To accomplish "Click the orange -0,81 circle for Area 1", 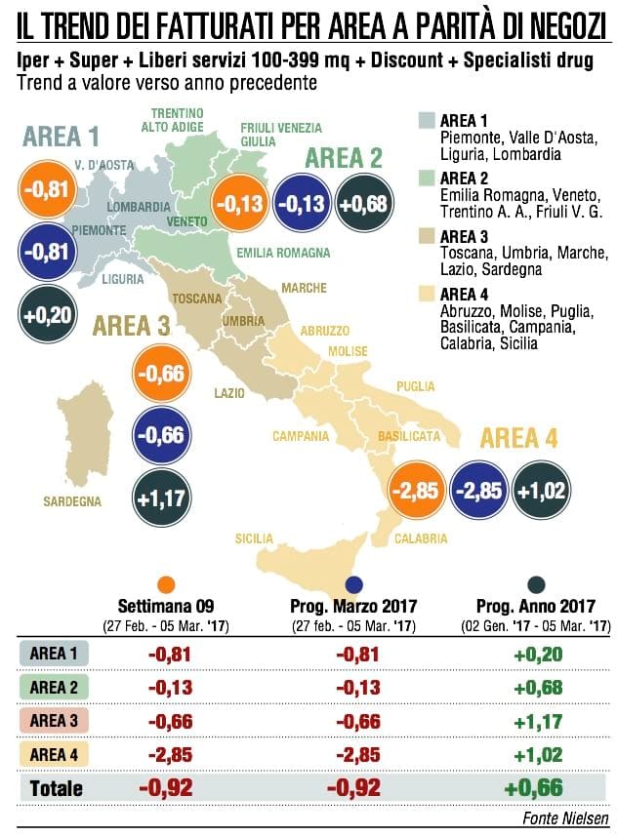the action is [x=48, y=189].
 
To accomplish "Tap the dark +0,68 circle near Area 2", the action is [x=364, y=203].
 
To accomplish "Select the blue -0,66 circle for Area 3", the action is [x=162, y=434].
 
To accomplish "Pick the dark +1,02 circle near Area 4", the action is [x=541, y=490].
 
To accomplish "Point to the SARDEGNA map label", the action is [x=72, y=501].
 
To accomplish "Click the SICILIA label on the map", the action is [x=254, y=538].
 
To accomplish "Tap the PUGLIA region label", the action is [x=415, y=386].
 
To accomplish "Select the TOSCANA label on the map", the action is [x=197, y=299].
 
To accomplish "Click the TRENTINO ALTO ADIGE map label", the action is [x=173, y=120].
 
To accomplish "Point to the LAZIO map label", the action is [x=229, y=393].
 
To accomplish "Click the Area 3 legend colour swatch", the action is [x=427, y=236].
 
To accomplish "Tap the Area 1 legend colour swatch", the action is [x=427, y=120].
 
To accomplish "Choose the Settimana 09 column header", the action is [x=166, y=606].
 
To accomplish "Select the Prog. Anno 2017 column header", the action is [x=536, y=606].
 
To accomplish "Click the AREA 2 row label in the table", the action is [x=54, y=688].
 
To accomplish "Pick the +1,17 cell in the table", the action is [x=538, y=721].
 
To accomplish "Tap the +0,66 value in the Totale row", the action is [x=534, y=787].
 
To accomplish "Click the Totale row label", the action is [x=57, y=788].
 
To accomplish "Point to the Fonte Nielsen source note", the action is [x=565, y=817].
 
